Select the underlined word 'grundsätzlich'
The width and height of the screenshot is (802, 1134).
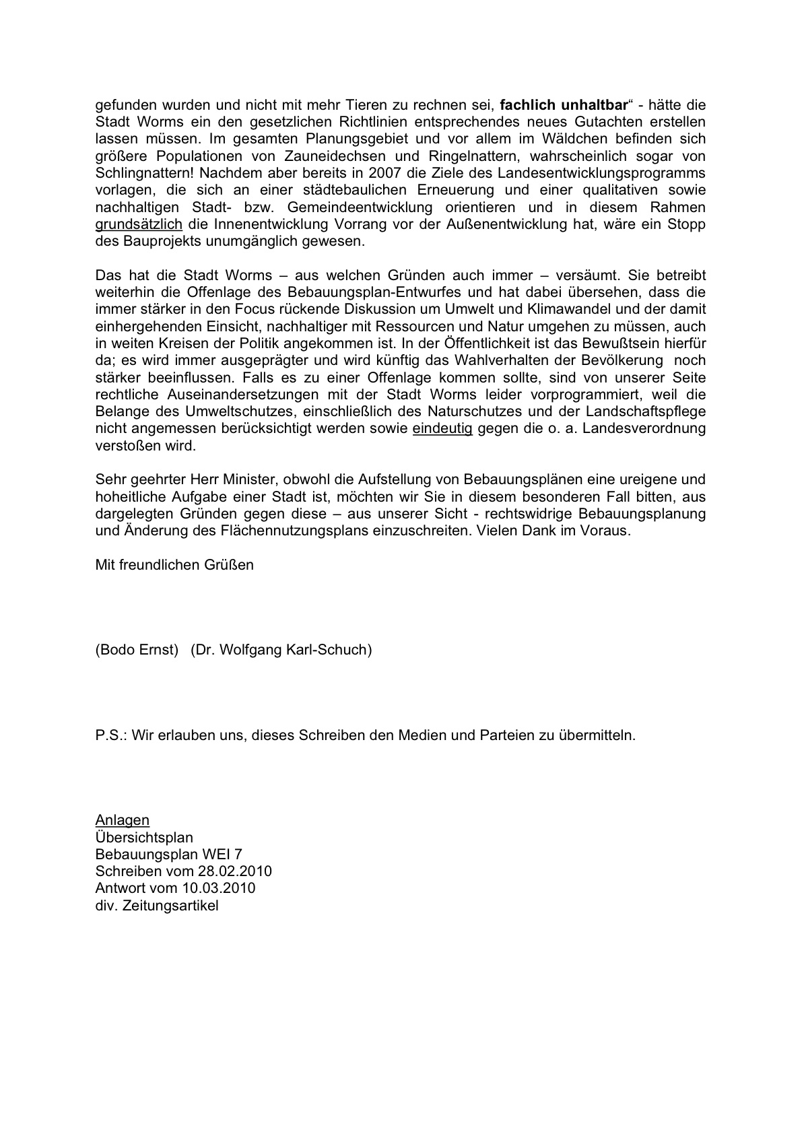point(139,224)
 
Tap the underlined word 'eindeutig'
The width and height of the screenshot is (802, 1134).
point(442,428)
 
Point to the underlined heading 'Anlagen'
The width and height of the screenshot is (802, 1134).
point(123,820)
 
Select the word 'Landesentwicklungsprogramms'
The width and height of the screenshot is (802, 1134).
point(601,173)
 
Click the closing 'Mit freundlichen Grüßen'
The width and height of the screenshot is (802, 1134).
point(174,564)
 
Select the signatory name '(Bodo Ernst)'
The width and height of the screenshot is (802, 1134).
point(137,650)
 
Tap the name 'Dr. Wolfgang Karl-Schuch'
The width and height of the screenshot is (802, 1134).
point(281,650)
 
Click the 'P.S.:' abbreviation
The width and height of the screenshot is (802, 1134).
point(111,735)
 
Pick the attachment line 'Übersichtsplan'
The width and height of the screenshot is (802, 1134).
point(144,837)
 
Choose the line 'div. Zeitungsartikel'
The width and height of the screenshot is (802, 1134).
point(157,905)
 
